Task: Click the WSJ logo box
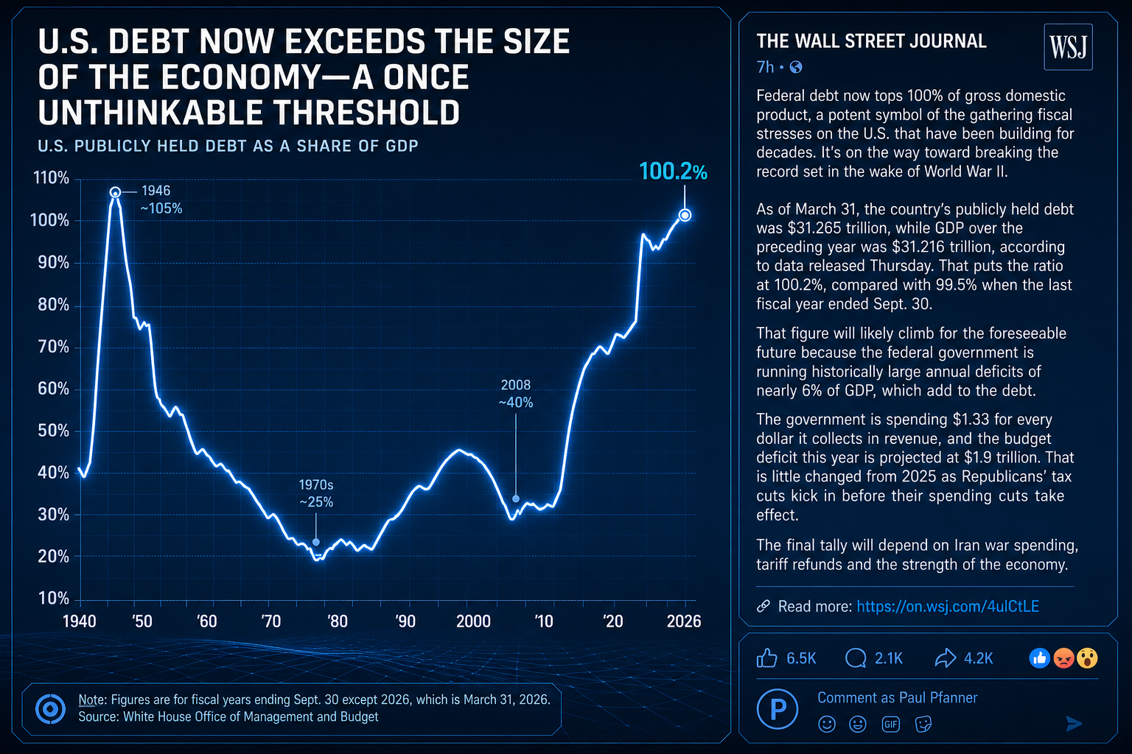(x=1068, y=46)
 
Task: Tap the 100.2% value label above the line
(x=673, y=172)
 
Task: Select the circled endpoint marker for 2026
(x=685, y=215)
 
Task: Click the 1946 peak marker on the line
(x=115, y=192)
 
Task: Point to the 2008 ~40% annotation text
(x=515, y=393)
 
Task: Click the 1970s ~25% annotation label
(x=316, y=493)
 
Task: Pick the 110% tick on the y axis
(x=51, y=177)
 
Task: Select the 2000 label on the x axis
(x=473, y=621)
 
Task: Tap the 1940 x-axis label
(x=80, y=621)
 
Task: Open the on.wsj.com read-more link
(x=948, y=606)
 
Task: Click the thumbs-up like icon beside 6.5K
(x=766, y=658)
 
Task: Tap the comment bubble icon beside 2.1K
(x=856, y=658)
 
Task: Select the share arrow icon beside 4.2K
(x=945, y=658)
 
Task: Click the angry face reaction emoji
(x=1063, y=658)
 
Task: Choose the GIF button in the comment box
(x=890, y=725)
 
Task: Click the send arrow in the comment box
(x=1074, y=724)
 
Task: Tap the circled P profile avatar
(x=778, y=708)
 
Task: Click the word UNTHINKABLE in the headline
(x=151, y=112)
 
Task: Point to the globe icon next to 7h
(x=795, y=67)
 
